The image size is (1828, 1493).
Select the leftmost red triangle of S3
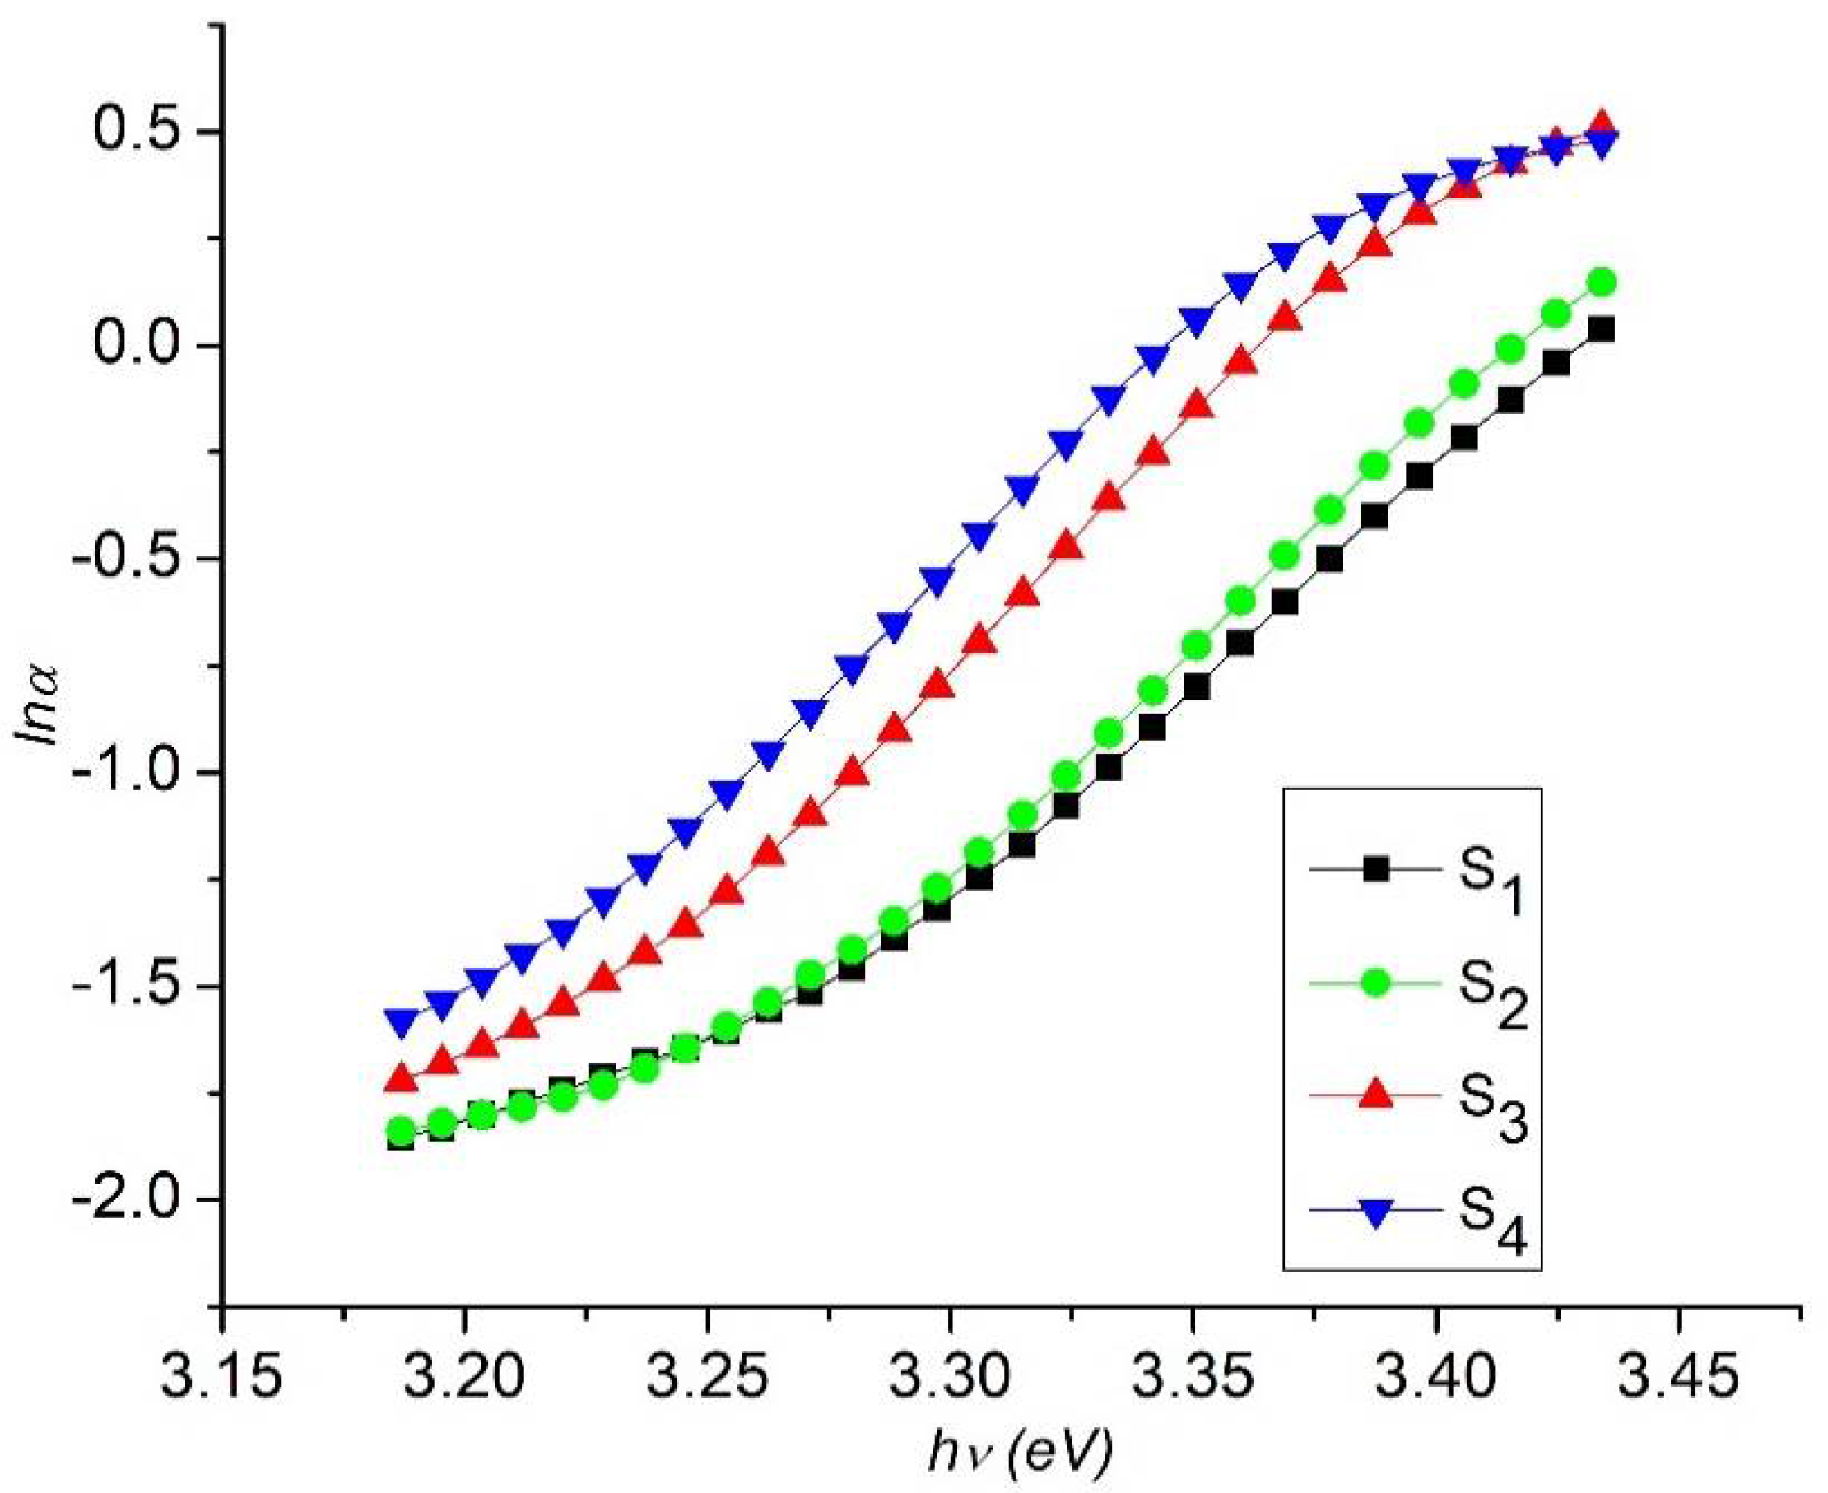[x=400, y=1077]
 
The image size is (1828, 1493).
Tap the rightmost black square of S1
[x=1600, y=330]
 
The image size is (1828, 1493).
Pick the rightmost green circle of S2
[x=1602, y=282]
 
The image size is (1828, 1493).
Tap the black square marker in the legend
[x=1375, y=869]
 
